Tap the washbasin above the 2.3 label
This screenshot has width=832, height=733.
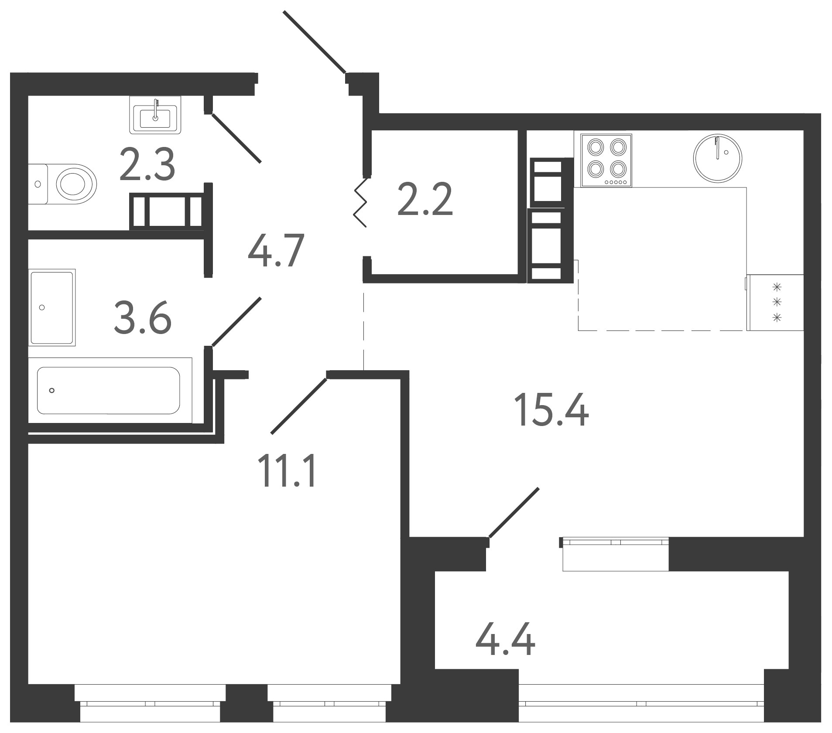coord(155,115)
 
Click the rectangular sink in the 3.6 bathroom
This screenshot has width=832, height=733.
coord(52,307)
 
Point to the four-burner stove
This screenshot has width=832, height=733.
coord(606,160)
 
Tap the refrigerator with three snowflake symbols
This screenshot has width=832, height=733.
coord(775,302)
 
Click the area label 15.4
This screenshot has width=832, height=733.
coord(551,409)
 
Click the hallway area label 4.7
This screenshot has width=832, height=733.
coord(275,252)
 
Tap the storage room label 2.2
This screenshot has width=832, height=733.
coord(425,199)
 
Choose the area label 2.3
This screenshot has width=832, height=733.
coord(147,164)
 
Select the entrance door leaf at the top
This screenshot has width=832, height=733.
coord(315,42)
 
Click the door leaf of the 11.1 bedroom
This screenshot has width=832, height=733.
coord(299,406)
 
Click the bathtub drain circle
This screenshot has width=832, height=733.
coord(52,390)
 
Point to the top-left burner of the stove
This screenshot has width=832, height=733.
coord(595,147)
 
